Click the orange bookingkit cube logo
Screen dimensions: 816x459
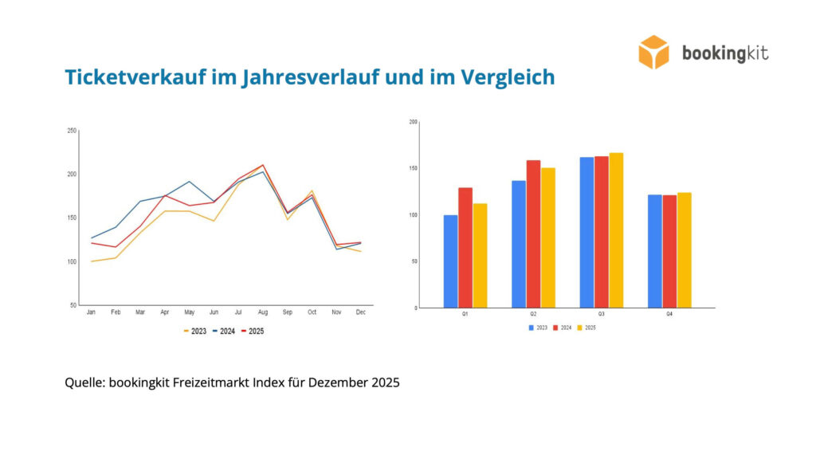tap(653, 52)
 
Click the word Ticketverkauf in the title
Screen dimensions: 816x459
tap(135, 77)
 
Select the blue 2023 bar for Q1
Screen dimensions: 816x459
tap(451, 261)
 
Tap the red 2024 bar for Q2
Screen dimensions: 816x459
tap(533, 233)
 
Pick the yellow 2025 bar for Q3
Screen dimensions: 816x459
tap(616, 230)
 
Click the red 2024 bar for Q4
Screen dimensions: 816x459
tap(669, 251)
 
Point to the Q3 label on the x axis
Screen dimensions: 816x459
tap(601, 314)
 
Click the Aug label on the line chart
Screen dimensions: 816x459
tap(263, 312)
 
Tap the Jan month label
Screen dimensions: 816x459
tap(91, 312)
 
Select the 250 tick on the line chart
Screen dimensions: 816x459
tap(72, 131)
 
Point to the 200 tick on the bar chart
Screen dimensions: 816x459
tap(414, 122)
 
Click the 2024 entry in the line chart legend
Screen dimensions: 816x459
tap(224, 331)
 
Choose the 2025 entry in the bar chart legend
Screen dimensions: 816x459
tap(586, 328)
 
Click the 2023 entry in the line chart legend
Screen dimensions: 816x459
tap(195, 331)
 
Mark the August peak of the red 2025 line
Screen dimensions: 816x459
tap(263, 165)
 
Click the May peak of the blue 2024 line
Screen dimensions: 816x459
tap(190, 182)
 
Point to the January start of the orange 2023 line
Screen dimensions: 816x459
tap(91, 261)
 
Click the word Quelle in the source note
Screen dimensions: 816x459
tap(84, 383)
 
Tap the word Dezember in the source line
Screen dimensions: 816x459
tap(338, 382)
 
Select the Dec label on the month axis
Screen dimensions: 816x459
tap(361, 312)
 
